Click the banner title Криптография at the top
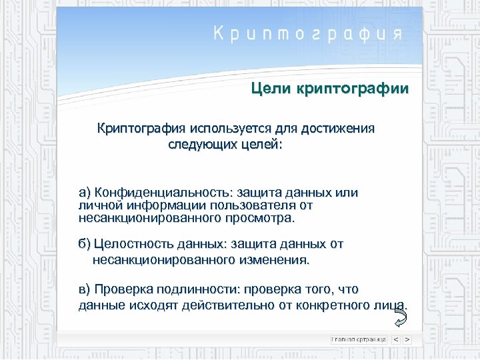307,35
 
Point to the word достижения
340,127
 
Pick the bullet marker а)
85,193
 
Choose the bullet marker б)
85,245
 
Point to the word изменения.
274,258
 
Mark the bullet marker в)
85,289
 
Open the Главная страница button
359,339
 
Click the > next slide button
407,339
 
